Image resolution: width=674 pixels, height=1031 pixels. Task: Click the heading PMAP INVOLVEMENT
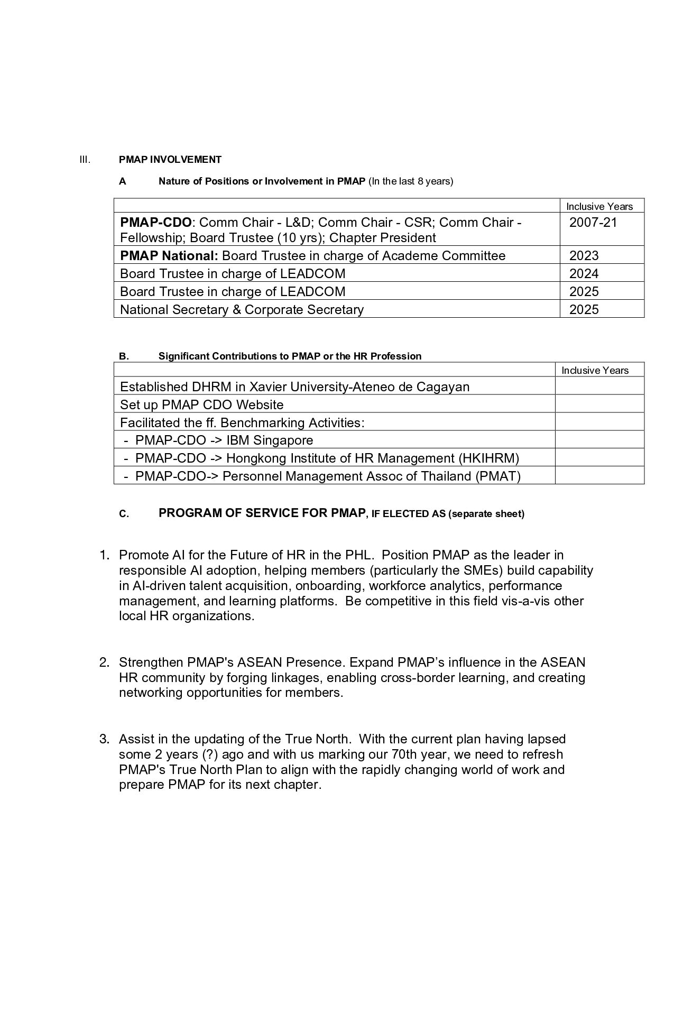(170, 160)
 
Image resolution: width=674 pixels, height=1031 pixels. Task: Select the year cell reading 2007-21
(593, 222)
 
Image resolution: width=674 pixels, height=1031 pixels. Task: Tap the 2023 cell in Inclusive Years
(584, 256)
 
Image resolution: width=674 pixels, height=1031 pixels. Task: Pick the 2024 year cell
(584, 274)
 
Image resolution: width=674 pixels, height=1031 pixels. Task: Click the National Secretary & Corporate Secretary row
(242, 310)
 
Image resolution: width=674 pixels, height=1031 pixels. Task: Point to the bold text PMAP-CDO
(155, 222)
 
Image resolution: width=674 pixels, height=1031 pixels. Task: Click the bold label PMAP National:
(169, 256)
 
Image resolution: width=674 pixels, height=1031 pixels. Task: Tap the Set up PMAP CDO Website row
(201, 405)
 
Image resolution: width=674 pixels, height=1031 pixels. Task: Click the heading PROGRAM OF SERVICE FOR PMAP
(262, 513)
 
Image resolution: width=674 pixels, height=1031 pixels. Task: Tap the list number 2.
(104, 662)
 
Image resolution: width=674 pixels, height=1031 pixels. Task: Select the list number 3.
(104, 739)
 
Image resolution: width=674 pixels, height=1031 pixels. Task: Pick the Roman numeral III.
(85, 160)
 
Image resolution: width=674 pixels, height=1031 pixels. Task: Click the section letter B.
(123, 356)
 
